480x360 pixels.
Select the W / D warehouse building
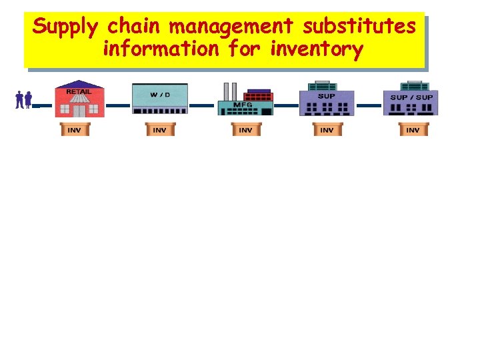click(160, 101)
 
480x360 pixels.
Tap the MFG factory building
click(245, 104)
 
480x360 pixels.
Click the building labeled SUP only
click(327, 99)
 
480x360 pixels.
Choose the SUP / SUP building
click(411, 99)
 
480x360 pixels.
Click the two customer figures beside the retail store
click(23, 100)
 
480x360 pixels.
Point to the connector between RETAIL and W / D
click(119, 105)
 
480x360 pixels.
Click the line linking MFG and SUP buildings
click(287, 105)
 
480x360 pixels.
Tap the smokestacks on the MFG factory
click(229, 91)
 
